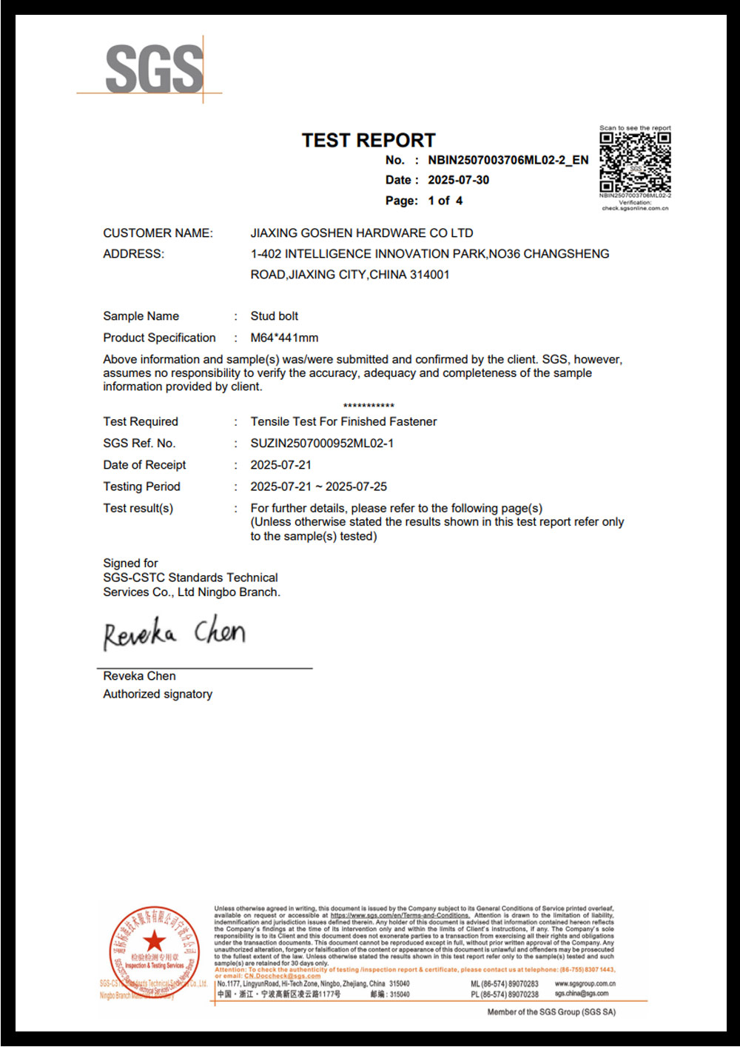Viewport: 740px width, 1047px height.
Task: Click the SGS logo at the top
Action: click(154, 70)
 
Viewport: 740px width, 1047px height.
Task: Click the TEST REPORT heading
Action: click(369, 140)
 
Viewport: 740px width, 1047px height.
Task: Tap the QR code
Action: click(635, 161)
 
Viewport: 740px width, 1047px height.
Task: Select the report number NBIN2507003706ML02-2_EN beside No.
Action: click(508, 160)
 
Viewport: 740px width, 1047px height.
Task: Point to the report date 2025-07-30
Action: click(458, 180)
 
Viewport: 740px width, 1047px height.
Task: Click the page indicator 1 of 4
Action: click(445, 201)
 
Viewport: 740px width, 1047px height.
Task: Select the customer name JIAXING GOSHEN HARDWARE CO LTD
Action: click(361, 233)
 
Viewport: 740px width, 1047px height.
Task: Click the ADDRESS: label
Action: click(134, 254)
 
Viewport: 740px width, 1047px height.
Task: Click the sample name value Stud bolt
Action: click(274, 316)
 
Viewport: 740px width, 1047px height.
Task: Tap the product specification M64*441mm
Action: click(284, 338)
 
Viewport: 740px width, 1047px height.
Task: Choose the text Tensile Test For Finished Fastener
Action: click(343, 421)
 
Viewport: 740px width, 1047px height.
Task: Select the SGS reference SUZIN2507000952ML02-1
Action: click(322, 443)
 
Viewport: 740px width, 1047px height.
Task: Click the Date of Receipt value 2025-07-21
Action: click(280, 465)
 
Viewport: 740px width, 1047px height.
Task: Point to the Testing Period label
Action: click(141, 486)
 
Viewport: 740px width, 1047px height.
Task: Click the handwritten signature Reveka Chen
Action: click(174, 633)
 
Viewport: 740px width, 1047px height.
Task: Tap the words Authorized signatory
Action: click(158, 694)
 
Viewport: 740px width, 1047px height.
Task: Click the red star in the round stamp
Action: click(154, 941)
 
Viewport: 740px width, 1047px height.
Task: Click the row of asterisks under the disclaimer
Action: click(369, 405)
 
